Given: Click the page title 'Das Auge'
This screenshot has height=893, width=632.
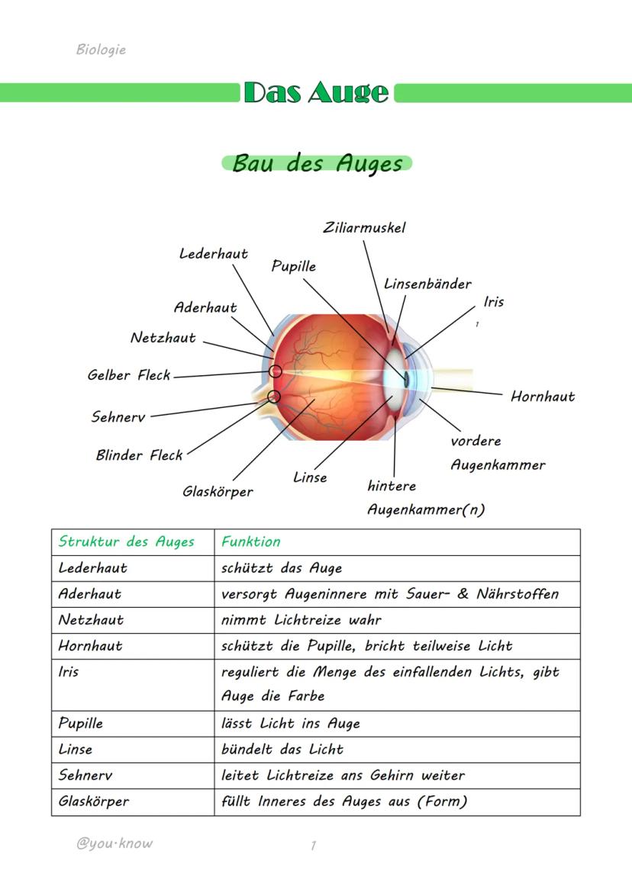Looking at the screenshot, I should pos(316,92).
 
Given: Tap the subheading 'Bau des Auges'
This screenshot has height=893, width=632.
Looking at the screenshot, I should pos(317,163).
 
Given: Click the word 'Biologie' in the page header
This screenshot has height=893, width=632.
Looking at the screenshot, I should pos(101,50).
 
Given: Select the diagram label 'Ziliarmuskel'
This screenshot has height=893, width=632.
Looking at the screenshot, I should pos(364,227).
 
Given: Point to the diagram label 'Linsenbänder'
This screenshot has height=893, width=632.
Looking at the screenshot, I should pos(427,284).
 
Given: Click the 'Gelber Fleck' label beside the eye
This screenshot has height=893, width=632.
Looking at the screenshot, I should pos(128,375).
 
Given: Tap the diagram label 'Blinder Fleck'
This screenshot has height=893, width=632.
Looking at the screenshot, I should pos(139,455).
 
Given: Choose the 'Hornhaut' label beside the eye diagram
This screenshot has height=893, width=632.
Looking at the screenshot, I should pos(543,397).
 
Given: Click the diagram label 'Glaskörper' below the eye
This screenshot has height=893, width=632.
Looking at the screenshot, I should pos(218,492).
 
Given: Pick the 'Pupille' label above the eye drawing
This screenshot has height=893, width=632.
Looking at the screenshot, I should pos(293,266).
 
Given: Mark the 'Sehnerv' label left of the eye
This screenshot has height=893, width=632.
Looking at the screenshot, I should pos(118,417).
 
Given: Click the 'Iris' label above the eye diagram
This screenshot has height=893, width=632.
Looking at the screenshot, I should pos(494,302).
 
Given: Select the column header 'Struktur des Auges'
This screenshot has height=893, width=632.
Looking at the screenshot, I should pos(127,541).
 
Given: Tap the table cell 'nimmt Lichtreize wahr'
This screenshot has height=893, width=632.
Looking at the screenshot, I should pos(301,620).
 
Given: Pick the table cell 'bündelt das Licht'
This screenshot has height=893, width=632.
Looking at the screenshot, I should pos(282,749).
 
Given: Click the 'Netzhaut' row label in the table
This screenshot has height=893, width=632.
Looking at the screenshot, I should pos(91,620).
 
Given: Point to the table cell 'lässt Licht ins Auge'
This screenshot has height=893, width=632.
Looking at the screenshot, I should pos(290,723).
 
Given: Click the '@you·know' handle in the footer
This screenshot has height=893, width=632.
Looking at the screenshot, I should pos(114,843).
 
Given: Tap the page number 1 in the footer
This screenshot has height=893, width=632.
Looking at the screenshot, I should pos(313,845).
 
